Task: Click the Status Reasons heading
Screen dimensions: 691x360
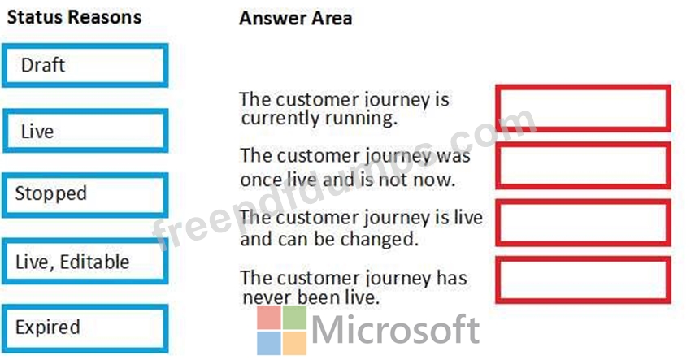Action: point(74,18)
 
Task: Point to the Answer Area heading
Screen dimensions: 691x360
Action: point(295,19)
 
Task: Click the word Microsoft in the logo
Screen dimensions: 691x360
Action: point(395,329)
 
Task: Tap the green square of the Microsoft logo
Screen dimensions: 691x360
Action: point(294,317)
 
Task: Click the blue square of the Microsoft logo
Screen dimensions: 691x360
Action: point(269,343)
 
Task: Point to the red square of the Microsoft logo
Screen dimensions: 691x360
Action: point(269,317)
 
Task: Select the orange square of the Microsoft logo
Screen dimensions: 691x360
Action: point(294,343)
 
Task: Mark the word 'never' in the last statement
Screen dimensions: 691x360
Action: point(267,298)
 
